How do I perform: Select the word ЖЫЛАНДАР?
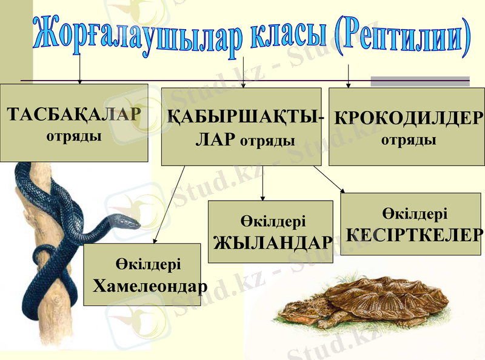tap(273, 242)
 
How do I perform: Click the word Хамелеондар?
tap(150, 285)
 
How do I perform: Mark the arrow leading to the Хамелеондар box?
tap(170, 204)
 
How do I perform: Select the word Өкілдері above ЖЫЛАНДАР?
tap(272, 221)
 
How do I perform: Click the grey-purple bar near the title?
tap(420, 81)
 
